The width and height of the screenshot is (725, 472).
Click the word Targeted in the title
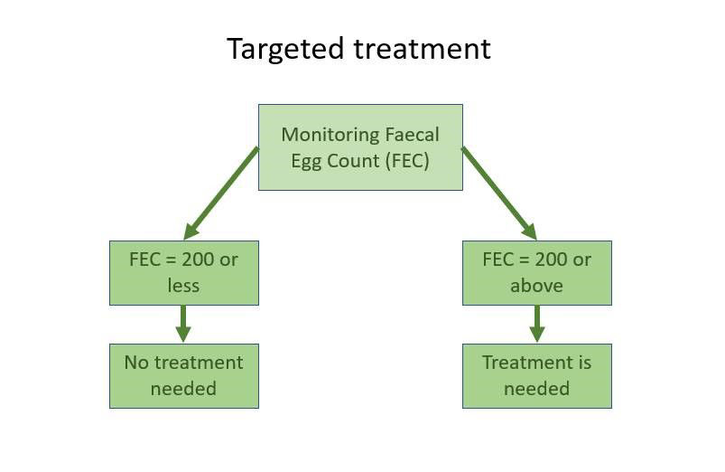click(x=285, y=49)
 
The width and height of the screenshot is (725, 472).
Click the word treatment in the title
click(x=423, y=48)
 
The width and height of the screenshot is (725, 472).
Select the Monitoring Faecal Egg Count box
click(x=360, y=147)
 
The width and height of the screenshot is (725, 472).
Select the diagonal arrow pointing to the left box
click(x=221, y=194)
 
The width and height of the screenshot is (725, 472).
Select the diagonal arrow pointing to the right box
click(x=499, y=194)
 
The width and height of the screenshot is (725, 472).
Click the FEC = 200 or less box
click(x=184, y=273)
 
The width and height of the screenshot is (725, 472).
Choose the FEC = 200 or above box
click(x=537, y=273)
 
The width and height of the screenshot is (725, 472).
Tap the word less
click(x=183, y=286)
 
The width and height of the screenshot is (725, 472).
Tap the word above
click(x=537, y=286)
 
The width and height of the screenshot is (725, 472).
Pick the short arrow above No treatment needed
click(x=183, y=324)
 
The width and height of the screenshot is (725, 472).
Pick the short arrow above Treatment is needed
click(x=537, y=324)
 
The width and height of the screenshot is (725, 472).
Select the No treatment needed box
click(x=184, y=376)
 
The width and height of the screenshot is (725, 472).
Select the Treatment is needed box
click(x=537, y=376)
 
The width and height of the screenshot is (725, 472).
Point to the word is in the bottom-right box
click(x=585, y=363)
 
